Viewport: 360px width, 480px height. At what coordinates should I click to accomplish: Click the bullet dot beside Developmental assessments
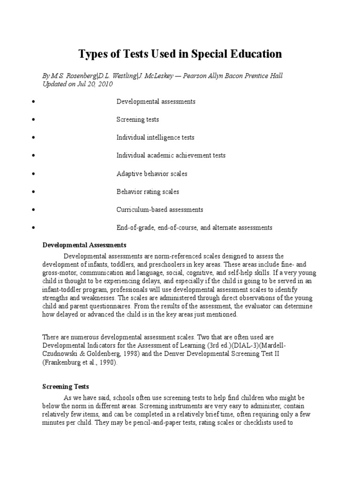(34, 102)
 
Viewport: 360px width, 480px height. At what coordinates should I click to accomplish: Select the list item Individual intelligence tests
(155, 138)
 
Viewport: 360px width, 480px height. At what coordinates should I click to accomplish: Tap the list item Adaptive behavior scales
(151, 174)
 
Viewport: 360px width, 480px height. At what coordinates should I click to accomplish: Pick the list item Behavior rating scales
(148, 192)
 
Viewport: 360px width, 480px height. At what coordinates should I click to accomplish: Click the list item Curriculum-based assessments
(159, 210)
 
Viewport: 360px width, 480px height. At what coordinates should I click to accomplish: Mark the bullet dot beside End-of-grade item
(34, 228)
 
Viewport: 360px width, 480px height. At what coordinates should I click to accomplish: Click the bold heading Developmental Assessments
(84, 245)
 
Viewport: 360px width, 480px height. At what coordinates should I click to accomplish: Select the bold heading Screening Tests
(66, 387)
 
